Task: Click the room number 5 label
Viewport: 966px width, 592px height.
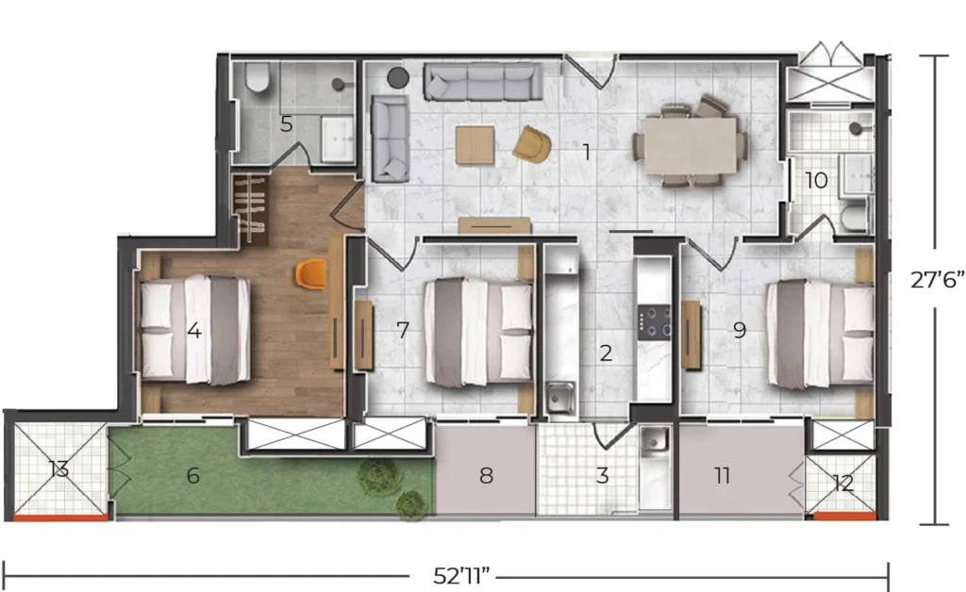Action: pyautogui.click(x=287, y=124)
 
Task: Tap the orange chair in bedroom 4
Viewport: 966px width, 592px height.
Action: pyautogui.click(x=311, y=273)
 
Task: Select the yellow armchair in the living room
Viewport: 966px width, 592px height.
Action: pyautogui.click(x=532, y=144)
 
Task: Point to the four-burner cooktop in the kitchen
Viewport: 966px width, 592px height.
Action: pyautogui.click(x=655, y=322)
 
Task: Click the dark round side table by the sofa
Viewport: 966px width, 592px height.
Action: pyautogui.click(x=398, y=77)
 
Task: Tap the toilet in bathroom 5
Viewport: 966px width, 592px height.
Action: pyautogui.click(x=257, y=77)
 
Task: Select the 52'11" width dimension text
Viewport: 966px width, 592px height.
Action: pyautogui.click(x=461, y=577)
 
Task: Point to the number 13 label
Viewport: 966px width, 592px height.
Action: pyautogui.click(x=59, y=470)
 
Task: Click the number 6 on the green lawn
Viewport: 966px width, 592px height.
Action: pyautogui.click(x=192, y=476)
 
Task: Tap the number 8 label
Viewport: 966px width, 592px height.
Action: pyautogui.click(x=486, y=476)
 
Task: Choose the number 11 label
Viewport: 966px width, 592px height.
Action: pyautogui.click(x=722, y=475)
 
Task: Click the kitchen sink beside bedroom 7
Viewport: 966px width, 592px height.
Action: pyautogui.click(x=560, y=397)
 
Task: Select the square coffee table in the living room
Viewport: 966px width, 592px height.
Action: pyautogui.click(x=475, y=145)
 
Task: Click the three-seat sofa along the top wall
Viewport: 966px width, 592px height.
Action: pyautogui.click(x=483, y=82)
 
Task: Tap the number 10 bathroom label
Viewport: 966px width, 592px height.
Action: pyautogui.click(x=816, y=180)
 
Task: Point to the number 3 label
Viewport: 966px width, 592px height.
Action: pyautogui.click(x=603, y=476)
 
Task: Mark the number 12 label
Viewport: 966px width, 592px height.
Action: pyautogui.click(x=842, y=484)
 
